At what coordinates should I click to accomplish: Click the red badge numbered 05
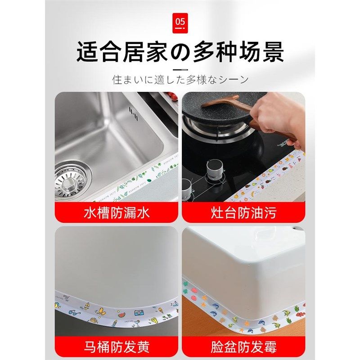point(180,21)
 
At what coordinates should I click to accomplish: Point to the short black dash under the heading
point(180,70)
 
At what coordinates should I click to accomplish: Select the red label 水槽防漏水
point(116,212)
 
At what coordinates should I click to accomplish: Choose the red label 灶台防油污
point(243,212)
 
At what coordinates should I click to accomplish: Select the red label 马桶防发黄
point(116,347)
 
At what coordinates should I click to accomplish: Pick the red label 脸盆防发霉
point(243,347)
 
